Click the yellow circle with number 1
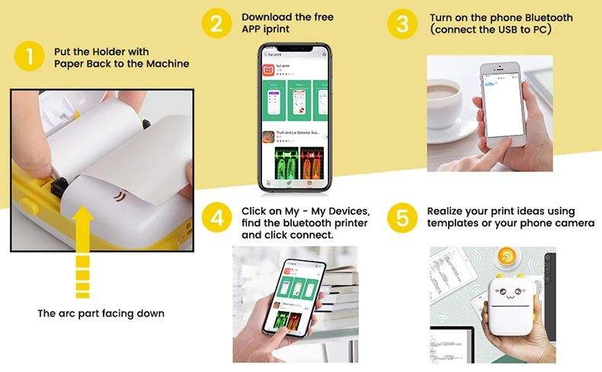coord(29,56)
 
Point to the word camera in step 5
coord(574,223)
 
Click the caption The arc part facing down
coord(101,313)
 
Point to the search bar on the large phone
coord(293,55)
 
